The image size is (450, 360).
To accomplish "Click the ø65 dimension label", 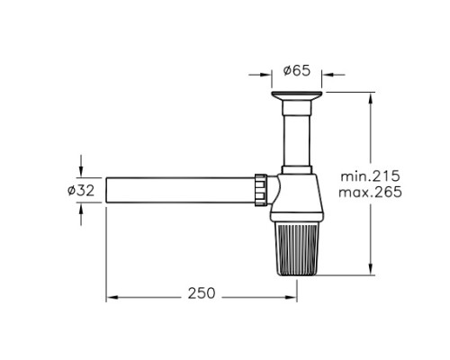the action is tap(297, 71).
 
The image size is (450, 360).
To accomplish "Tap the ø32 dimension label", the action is tap(81, 190).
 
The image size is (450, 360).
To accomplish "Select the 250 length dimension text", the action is tap(202, 293).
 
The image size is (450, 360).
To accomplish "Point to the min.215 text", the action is tap(370, 176).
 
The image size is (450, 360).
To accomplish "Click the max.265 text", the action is tap(370, 192).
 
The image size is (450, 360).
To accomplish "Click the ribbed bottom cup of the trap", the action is tap(296, 249).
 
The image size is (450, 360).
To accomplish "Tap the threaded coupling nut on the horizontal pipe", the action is tap(261, 190).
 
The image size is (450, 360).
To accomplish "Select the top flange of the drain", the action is tap(297, 95).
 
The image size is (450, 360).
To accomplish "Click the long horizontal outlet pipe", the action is tap(180, 190).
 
